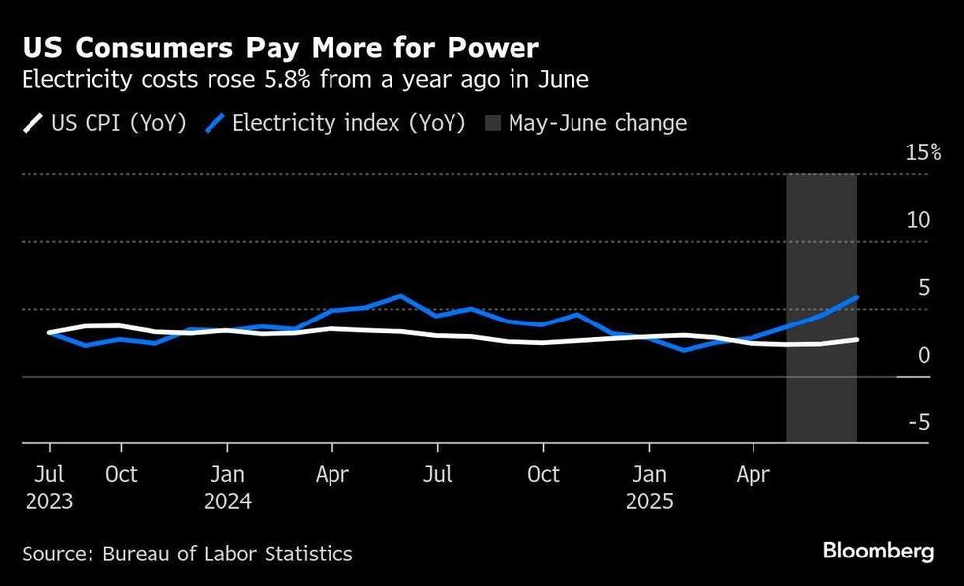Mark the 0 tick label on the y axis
(x=924, y=355)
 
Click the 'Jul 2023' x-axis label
(x=49, y=487)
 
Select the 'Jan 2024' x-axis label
(x=227, y=487)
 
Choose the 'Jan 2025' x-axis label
(x=648, y=487)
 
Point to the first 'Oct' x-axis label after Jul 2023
(x=120, y=474)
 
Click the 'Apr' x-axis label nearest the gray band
(x=753, y=474)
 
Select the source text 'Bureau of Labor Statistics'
(x=227, y=555)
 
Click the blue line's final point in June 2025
(x=857, y=297)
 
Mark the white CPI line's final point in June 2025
(x=857, y=340)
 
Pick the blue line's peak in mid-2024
(x=400, y=295)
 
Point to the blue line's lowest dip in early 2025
(x=683, y=350)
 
